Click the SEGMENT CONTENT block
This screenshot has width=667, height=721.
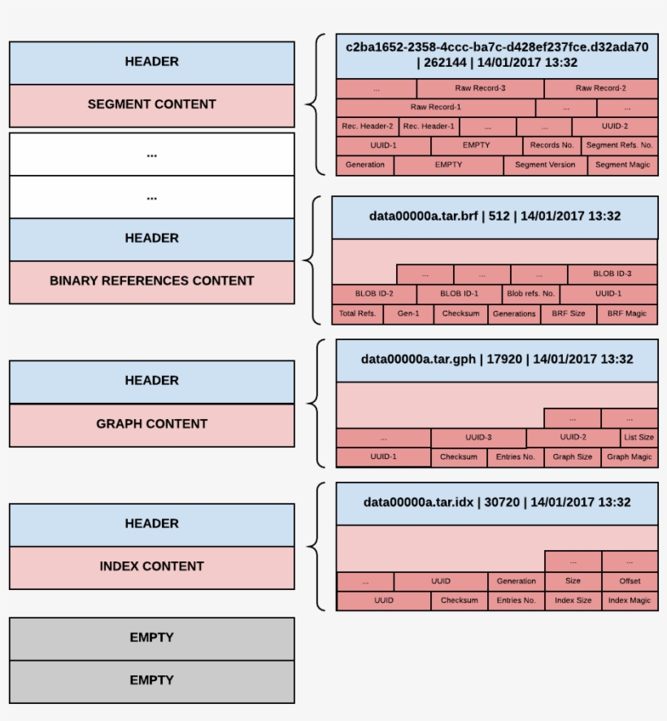[151, 105]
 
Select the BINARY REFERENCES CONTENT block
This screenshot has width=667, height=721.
[151, 282]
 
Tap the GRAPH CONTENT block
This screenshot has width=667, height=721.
[151, 424]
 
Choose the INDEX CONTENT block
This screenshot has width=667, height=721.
[151, 567]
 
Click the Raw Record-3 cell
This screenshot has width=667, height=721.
[480, 88]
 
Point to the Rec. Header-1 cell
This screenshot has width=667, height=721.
[429, 126]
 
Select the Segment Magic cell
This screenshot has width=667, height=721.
[622, 164]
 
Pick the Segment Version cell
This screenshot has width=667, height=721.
[545, 164]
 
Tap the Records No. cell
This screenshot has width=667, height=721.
[551, 146]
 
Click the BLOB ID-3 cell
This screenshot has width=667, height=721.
[612, 274]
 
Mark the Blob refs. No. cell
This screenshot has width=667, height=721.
[530, 294]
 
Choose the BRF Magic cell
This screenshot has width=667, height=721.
[626, 313]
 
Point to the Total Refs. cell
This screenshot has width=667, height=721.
[358, 313]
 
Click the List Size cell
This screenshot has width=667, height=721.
[639, 438]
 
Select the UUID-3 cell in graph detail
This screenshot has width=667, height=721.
[478, 438]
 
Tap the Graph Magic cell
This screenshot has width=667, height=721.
[630, 457]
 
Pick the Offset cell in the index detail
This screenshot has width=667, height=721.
[630, 581]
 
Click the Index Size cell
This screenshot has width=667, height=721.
[573, 601]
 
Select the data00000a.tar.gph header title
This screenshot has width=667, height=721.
[497, 360]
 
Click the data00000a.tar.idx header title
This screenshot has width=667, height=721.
[497, 503]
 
